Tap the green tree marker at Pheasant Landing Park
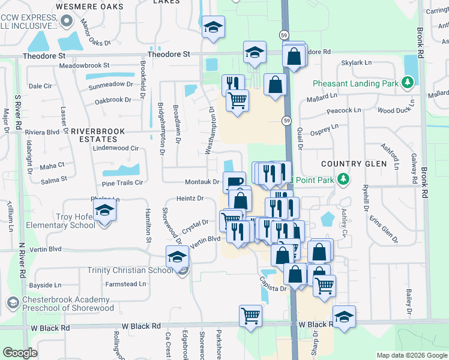[408, 82]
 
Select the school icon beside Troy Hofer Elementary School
[105, 211]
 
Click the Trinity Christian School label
[130, 270]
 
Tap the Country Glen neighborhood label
[352, 164]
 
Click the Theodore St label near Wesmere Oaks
[44, 55]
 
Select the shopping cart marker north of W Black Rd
[250, 315]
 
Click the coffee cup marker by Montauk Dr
[234, 181]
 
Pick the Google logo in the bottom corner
[19, 353]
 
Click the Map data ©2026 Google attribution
[412, 355]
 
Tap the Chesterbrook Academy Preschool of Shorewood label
[66, 304]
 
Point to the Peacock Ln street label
[344, 110]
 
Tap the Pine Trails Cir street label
[122, 182]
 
